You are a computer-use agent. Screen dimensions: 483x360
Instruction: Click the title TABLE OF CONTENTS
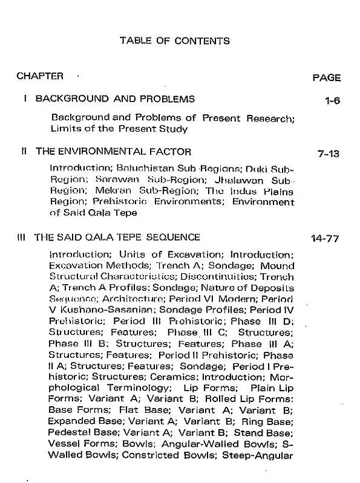175,41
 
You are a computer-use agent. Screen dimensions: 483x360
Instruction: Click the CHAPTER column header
40,76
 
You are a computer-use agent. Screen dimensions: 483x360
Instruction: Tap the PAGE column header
326,77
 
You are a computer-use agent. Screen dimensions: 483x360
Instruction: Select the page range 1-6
333,100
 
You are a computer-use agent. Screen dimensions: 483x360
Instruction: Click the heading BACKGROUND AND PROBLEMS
115,99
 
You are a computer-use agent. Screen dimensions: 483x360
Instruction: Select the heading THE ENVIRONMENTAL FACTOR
113,152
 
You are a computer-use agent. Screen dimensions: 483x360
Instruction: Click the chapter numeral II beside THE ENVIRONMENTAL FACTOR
23,152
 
